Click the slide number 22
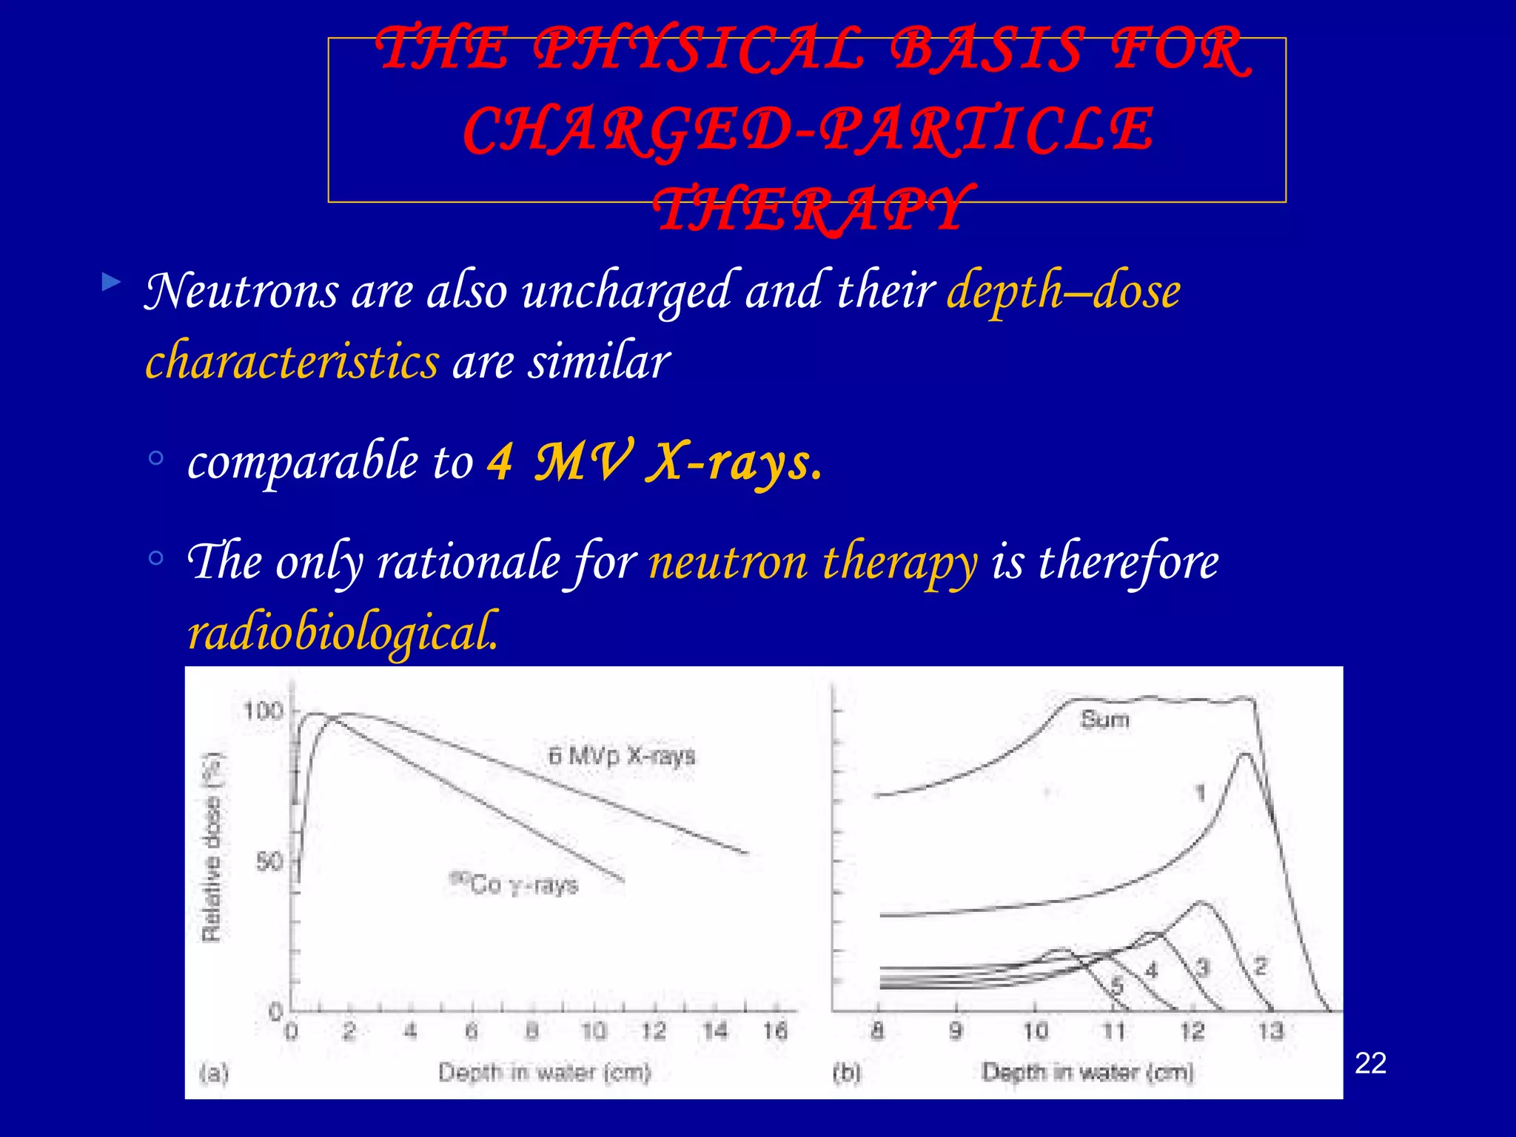[x=1370, y=1063]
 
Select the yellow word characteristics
[x=292, y=362]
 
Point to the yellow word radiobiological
[x=343, y=632]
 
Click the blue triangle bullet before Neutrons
[x=111, y=281]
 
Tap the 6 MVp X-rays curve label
[x=622, y=756]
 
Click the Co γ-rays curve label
[x=515, y=884]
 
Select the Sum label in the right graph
[x=1104, y=719]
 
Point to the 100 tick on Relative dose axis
[x=263, y=711]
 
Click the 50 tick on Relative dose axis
[x=269, y=862]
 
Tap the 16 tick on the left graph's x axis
[x=775, y=1030]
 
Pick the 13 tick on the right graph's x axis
[x=1271, y=1030]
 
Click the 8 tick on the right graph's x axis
[x=877, y=1030]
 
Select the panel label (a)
[x=214, y=1072]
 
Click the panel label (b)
[x=848, y=1072]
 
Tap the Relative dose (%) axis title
[x=212, y=847]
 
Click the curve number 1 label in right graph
[x=1201, y=794]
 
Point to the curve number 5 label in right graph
[x=1117, y=985]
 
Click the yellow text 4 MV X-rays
[x=654, y=461]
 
